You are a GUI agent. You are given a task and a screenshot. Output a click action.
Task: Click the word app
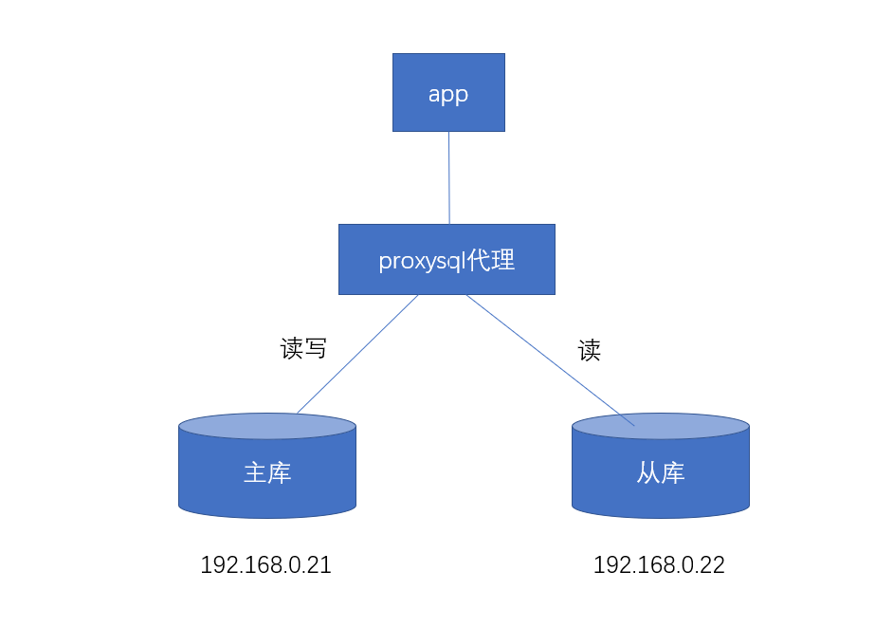448,94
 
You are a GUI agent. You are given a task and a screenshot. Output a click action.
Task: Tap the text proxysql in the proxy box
418,261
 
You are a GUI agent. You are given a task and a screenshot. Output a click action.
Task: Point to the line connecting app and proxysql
448,178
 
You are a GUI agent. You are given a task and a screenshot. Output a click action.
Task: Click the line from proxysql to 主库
357,354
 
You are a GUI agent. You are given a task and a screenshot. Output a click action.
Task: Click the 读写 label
303,348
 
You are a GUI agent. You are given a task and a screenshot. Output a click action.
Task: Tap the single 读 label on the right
590,351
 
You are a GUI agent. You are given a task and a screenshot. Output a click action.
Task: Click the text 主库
267,472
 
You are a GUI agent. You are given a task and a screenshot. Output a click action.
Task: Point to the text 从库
661,472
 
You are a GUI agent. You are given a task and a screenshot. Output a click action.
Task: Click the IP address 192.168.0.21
265,565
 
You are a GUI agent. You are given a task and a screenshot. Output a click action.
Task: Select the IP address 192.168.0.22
659,565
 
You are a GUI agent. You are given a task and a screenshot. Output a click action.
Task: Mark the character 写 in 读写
316,348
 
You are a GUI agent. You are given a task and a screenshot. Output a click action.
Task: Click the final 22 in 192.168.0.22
713,565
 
